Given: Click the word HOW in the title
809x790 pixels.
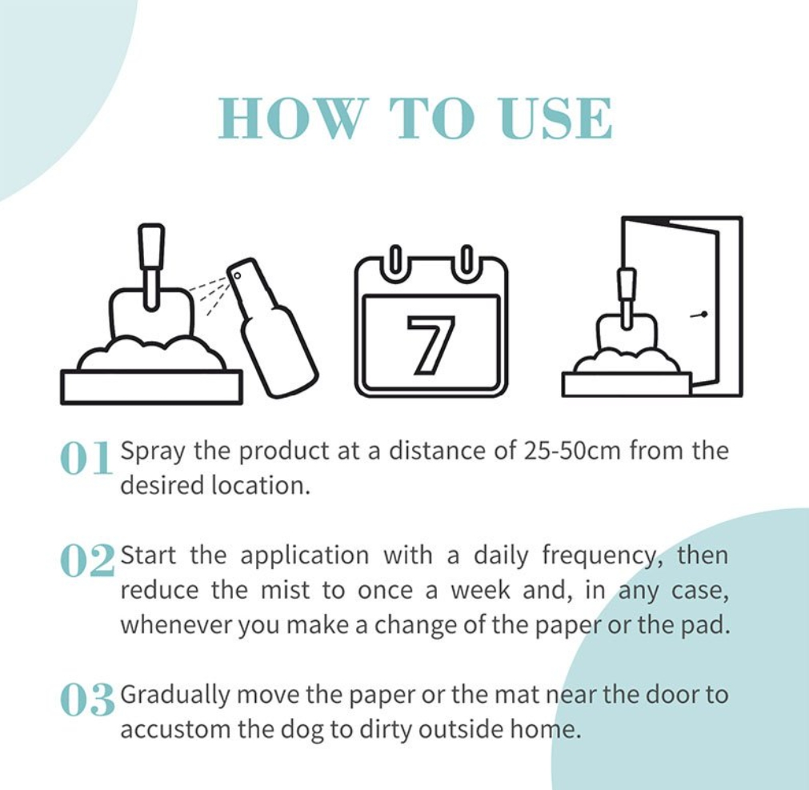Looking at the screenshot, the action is [x=290, y=118].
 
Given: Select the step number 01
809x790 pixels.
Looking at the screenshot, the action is [x=86, y=458].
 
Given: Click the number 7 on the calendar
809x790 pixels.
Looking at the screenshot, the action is [x=431, y=343].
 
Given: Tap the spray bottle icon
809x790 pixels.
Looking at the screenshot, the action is [x=272, y=327].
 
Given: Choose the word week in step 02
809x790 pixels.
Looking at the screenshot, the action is [x=480, y=591].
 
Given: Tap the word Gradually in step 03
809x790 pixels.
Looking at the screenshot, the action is [x=175, y=696].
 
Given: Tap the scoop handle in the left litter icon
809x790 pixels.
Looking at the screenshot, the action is [x=151, y=266].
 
